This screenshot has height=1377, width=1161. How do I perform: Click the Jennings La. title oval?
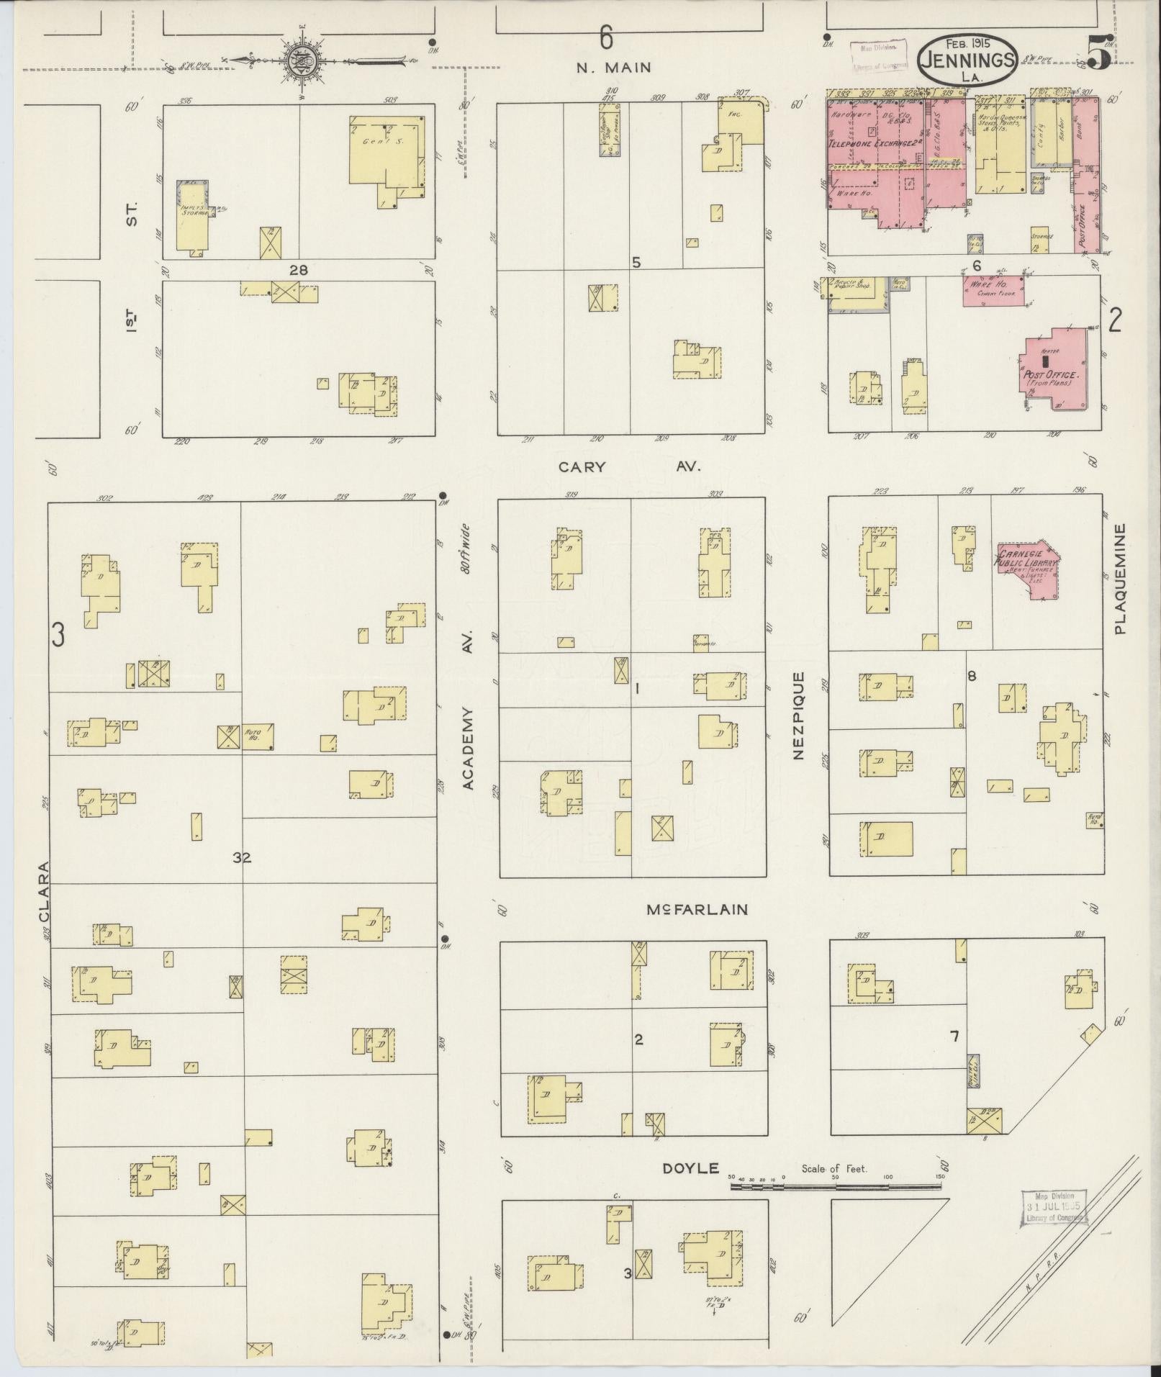coord(968,61)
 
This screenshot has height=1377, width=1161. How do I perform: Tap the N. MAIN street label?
coord(613,68)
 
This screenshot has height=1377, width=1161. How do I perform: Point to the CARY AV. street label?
coord(630,467)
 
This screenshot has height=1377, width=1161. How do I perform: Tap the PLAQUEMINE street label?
coord(1120,578)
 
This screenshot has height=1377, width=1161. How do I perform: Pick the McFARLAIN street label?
coord(696,909)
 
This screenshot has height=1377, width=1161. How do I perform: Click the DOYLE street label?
coord(690,1168)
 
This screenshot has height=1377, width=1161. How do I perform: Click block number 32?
coord(242,857)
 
